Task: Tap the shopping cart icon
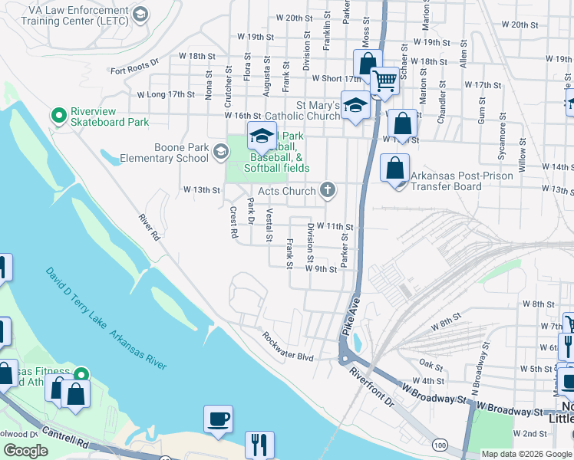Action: [384, 80]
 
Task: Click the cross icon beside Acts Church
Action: [328, 190]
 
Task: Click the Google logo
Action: [26, 451]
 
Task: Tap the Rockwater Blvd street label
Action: [288, 347]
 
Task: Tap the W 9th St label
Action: [321, 269]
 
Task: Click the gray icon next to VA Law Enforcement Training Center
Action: [140, 14]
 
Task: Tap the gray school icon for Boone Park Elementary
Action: [220, 152]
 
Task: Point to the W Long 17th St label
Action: [166, 94]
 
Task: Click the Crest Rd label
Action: [234, 222]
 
